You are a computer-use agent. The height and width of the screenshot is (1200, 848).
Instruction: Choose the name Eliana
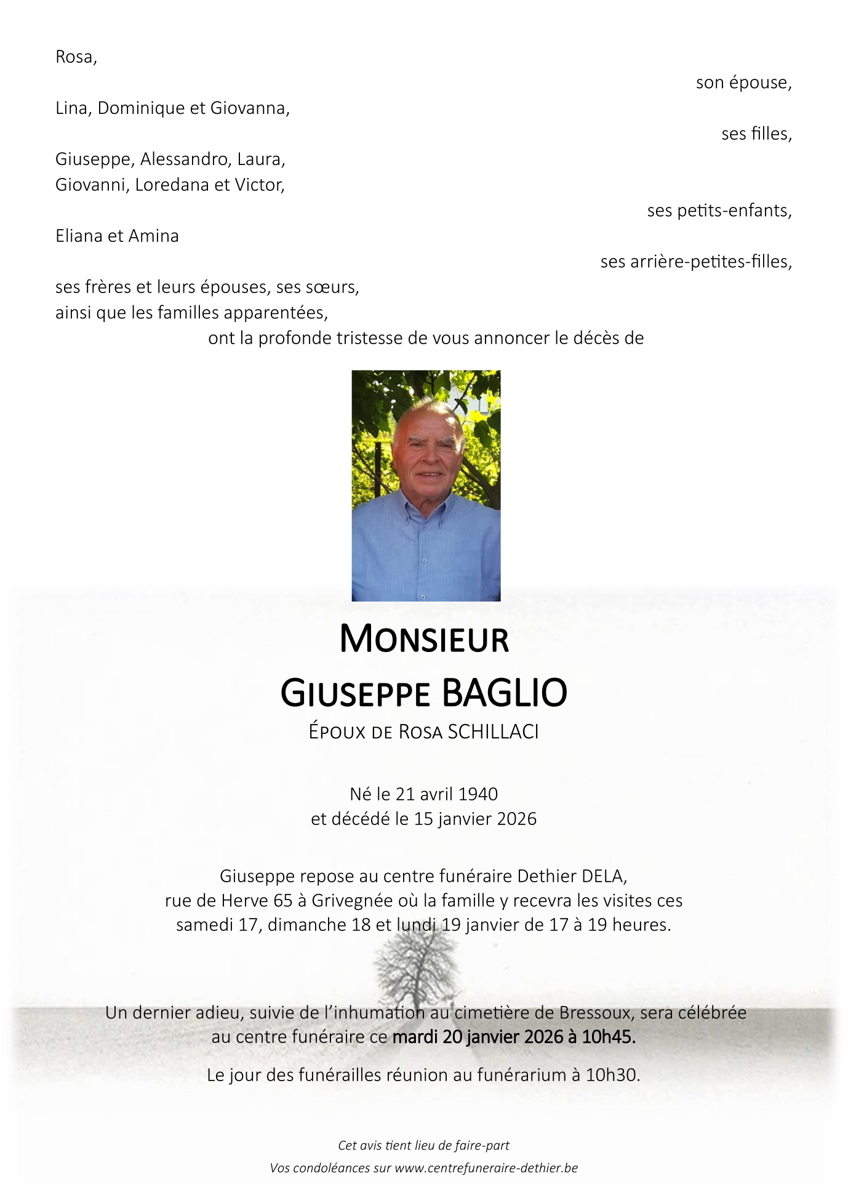click(x=78, y=236)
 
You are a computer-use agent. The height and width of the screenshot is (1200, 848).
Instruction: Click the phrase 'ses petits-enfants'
click(x=718, y=211)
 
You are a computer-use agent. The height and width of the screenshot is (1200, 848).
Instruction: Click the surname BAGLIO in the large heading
click(x=505, y=693)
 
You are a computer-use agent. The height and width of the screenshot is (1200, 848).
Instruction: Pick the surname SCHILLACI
click(x=493, y=731)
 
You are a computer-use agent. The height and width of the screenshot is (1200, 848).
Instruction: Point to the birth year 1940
click(x=478, y=794)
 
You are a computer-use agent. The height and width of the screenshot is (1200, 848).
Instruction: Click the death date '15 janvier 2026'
click(x=475, y=819)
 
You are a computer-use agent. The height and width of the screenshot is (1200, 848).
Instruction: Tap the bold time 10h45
click(x=608, y=1037)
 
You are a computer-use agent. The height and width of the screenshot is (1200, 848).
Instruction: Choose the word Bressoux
click(x=595, y=1013)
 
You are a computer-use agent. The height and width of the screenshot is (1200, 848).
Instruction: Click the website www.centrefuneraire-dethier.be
click(x=486, y=1168)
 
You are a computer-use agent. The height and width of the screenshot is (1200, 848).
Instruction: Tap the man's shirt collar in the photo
click(x=425, y=508)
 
